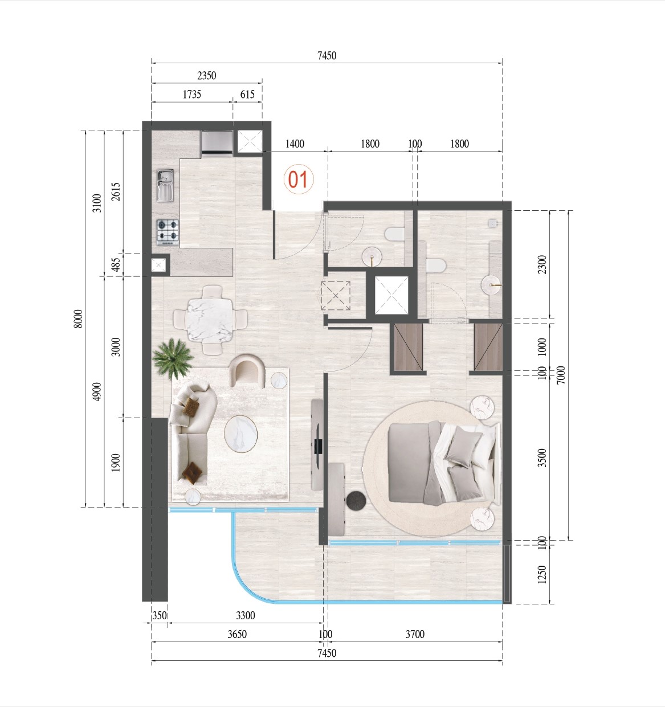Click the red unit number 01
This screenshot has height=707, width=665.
click(298, 179)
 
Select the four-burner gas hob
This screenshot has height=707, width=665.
click(168, 232)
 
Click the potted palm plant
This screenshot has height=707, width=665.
click(173, 358)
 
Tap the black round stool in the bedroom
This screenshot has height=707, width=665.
click(357, 500)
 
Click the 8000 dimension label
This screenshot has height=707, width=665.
click(79, 318)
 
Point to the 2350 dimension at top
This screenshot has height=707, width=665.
click(206, 75)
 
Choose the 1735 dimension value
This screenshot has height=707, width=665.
click(191, 95)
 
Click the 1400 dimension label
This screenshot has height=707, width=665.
click(295, 144)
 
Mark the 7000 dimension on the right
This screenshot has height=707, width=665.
click(561, 374)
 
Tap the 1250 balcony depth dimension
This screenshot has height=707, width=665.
click(542, 574)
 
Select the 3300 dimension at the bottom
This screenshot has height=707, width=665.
click(245, 615)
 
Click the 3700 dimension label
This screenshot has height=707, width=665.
click(414, 634)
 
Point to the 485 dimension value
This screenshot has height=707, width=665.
click(116, 265)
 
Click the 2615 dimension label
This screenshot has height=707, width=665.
click(116, 191)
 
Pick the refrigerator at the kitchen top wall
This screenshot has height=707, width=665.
click(217, 142)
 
